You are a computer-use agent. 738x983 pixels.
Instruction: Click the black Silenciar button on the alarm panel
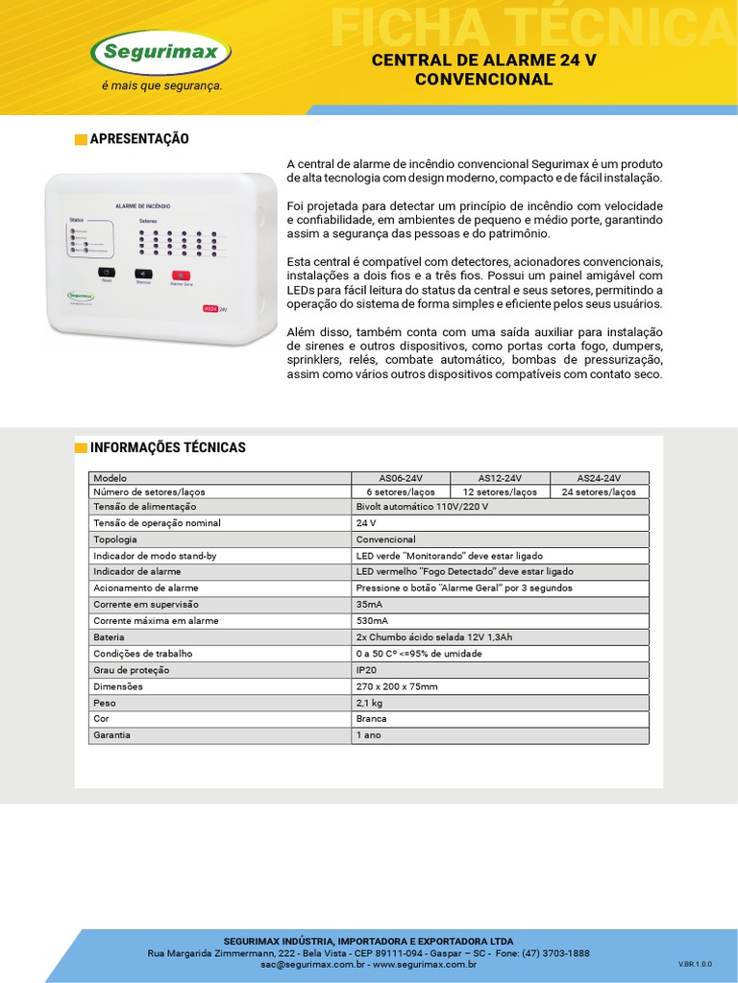point(142,274)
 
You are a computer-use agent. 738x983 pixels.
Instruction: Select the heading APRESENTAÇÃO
point(138,139)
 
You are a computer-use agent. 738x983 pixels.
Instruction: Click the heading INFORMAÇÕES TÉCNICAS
point(167,447)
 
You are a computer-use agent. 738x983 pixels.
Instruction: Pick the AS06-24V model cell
point(401,478)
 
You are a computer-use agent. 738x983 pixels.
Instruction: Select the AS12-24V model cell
point(500,478)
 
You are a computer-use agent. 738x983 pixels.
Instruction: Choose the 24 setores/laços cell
point(599,491)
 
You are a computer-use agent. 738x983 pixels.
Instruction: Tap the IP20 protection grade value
point(366,670)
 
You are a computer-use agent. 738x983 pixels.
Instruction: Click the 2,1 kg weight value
point(370,703)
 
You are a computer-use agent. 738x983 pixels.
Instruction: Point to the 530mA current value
point(373,621)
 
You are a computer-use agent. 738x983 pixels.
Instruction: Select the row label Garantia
point(111,735)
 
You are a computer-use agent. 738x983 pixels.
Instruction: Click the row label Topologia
point(115,539)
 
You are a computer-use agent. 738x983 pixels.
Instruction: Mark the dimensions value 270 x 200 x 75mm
point(397,686)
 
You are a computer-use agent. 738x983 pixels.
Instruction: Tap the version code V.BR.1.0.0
point(696,963)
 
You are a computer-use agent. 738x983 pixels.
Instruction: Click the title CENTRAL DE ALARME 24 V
point(483,60)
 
